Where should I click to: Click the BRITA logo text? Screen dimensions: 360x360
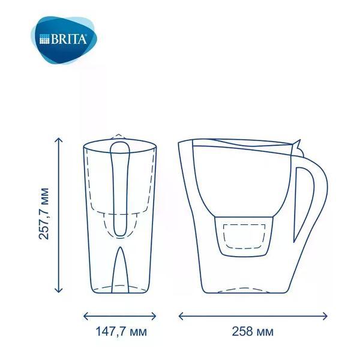[69, 39]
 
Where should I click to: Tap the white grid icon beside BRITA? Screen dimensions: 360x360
[44, 39]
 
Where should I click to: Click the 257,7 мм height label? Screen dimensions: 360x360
[44, 214]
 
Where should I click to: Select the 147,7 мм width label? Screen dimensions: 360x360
[121, 332]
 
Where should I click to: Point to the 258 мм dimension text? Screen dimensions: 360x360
[253, 332]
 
